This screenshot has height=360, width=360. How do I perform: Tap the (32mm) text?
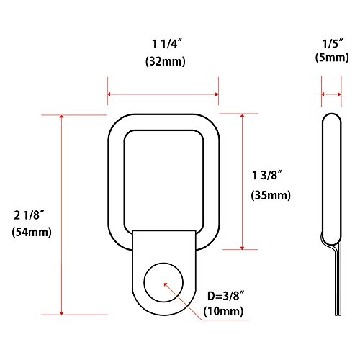163,63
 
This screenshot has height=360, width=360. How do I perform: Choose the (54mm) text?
30,233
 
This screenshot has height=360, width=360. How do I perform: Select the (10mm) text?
224,311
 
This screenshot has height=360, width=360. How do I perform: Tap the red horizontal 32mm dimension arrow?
163,94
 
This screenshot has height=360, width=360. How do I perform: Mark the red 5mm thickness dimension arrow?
331,94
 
